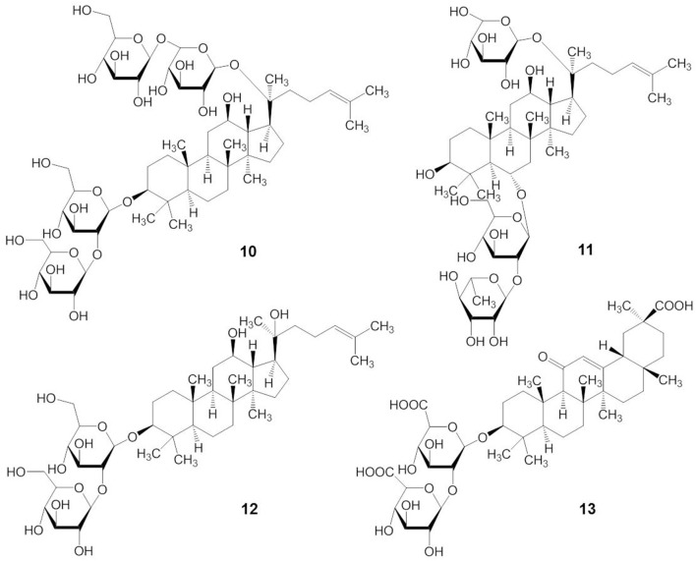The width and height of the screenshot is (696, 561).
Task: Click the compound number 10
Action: coord(248,252)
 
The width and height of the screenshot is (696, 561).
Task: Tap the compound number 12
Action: coord(249,509)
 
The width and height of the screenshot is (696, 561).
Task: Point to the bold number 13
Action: coord(587,509)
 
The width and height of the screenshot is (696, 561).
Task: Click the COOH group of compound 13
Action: coord(676,306)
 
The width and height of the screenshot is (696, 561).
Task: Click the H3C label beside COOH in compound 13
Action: coord(619,306)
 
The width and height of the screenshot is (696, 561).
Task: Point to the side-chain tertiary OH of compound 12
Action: coord(279,314)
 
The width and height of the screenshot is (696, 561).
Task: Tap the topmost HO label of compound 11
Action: coord(459,12)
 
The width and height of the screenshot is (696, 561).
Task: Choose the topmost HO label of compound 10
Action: coord(83,11)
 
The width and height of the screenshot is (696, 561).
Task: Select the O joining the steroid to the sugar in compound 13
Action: coord(483,438)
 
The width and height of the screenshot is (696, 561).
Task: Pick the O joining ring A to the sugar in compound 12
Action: coord(133,438)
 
